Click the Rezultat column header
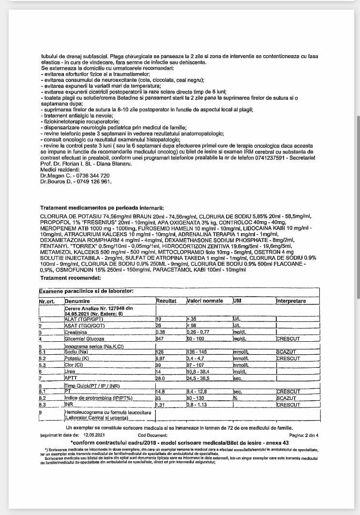(166, 301)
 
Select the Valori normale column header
(205, 301)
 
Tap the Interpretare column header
(291, 301)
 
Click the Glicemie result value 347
(160, 339)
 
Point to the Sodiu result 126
(160, 352)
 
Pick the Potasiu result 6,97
(161, 358)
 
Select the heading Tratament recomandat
(70, 278)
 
